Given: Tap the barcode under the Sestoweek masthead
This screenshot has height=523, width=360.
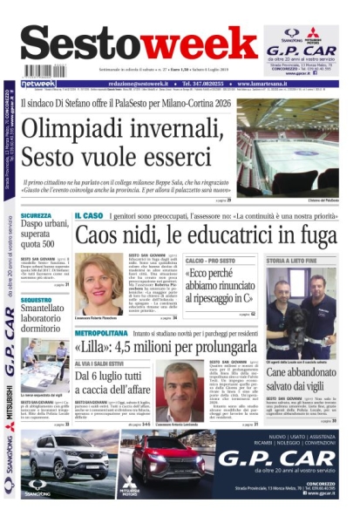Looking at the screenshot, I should point(45,71).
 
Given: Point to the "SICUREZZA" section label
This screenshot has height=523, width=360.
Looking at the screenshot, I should point(37,215).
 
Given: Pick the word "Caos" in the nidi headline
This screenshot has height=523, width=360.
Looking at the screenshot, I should point(95,235).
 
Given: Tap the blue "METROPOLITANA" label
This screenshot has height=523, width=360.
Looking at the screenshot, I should point(102,333).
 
